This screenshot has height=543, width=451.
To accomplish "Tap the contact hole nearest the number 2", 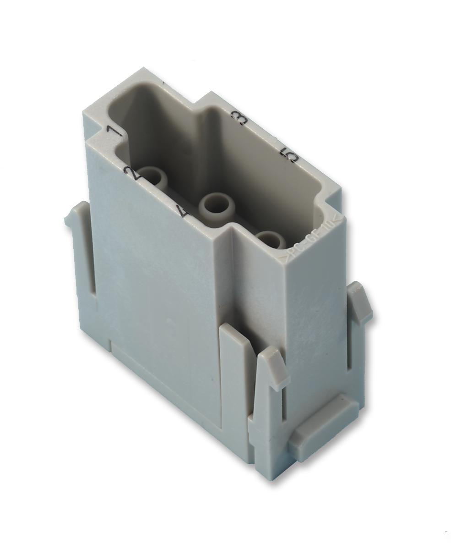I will tap(153, 176).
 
